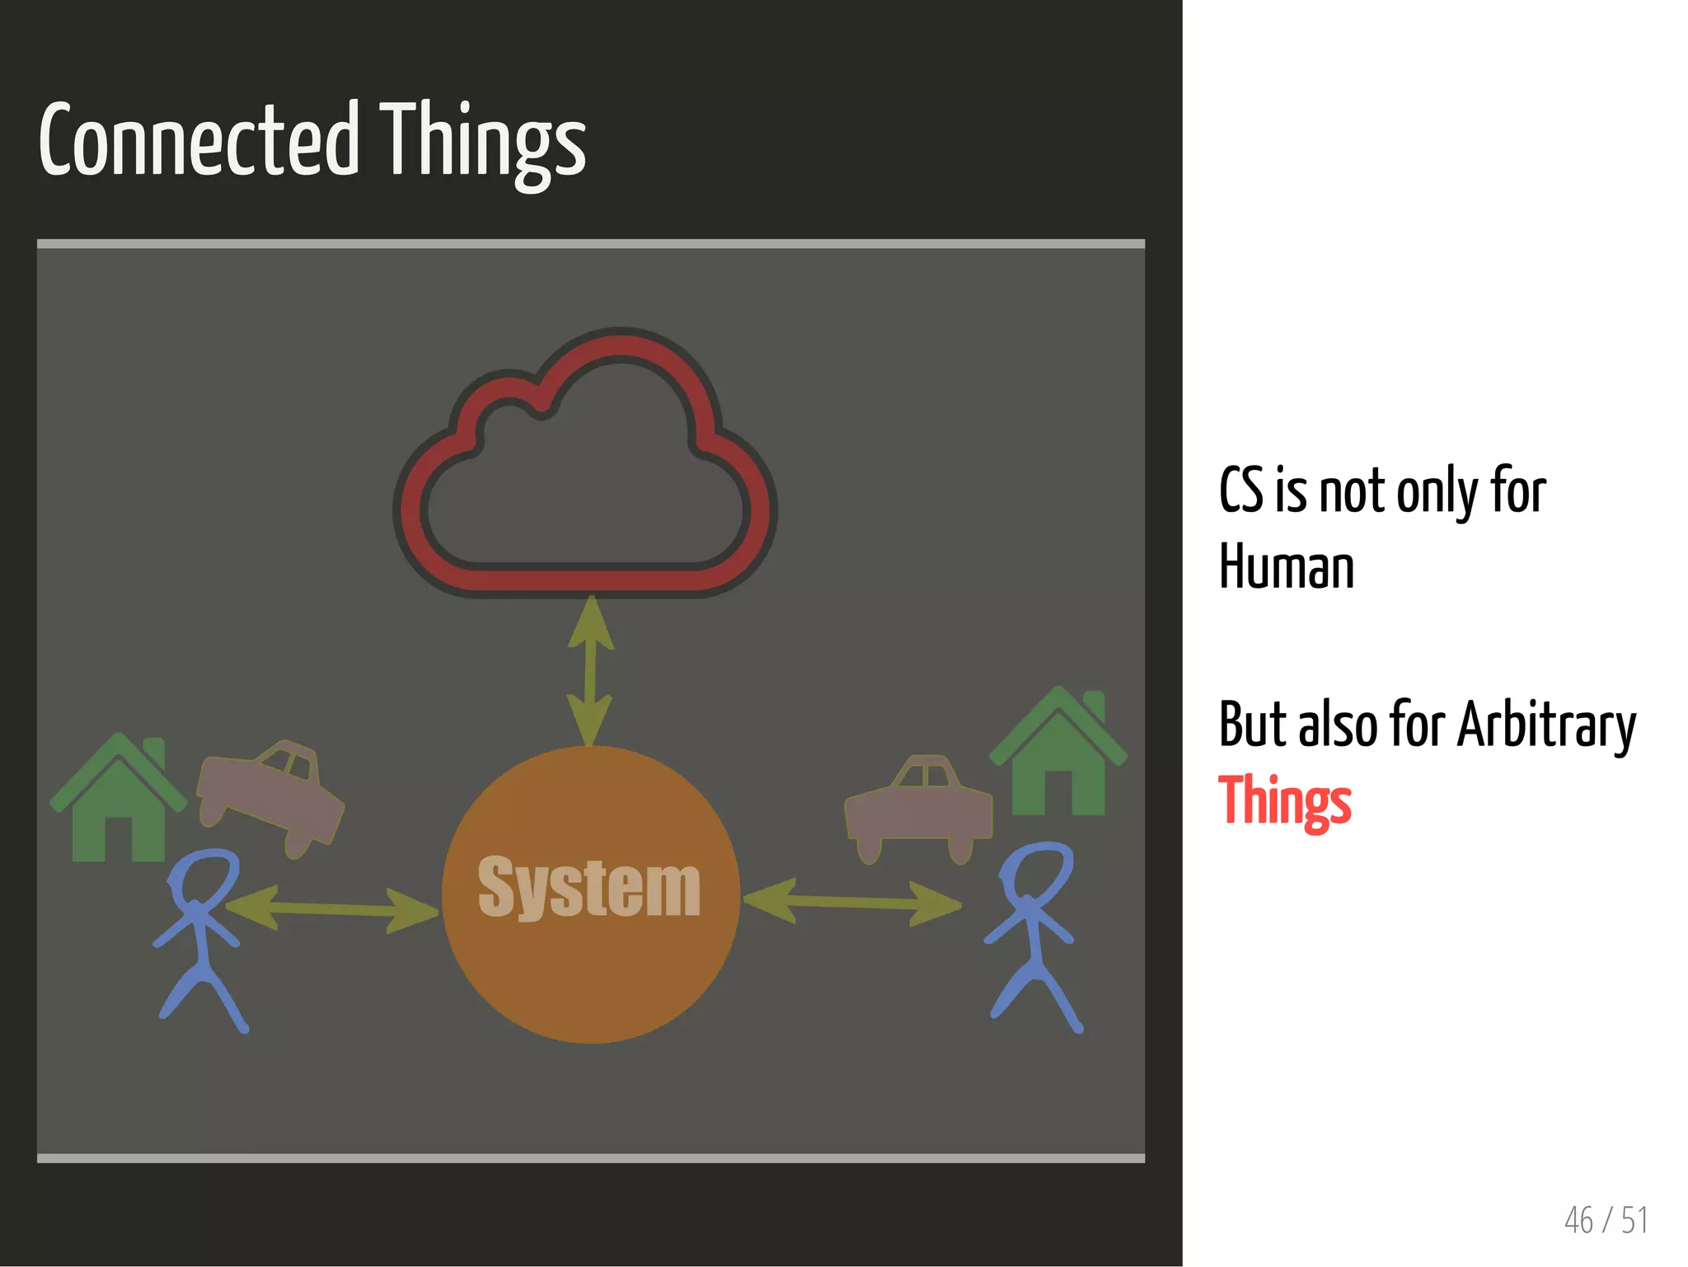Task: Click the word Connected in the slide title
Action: [199, 140]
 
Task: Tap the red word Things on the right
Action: [1284, 800]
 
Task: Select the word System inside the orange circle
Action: [588, 888]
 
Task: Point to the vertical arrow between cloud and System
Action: [590, 672]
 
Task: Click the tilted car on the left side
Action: [270, 796]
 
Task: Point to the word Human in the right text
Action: [1286, 568]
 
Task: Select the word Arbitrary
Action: [1546, 725]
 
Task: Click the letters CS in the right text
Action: [1240, 490]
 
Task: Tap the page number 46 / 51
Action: [1605, 1220]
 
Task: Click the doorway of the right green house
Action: [1058, 791]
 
